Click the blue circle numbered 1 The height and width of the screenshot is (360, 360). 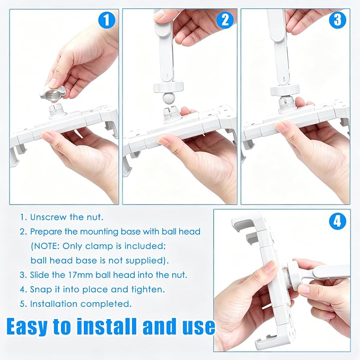pyautogui.click(x=107, y=20)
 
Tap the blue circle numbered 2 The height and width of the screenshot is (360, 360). pyautogui.click(x=225, y=20)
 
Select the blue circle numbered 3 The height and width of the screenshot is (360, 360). pyautogui.click(x=338, y=20)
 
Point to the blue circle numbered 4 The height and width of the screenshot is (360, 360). pyautogui.click(x=338, y=222)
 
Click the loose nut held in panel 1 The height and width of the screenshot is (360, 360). pyautogui.click(x=52, y=93)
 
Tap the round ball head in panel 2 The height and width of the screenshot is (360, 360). pyautogui.click(x=168, y=98)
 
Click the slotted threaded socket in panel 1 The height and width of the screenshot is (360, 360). pyautogui.click(x=57, y=110)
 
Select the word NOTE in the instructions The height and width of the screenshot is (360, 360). pyautogui.click(x=47, y=246)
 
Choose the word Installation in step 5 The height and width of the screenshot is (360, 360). pyautogui.click(x=54, y=304)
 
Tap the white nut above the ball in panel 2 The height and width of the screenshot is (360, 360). pyautogui.click(x=169, y=87)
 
